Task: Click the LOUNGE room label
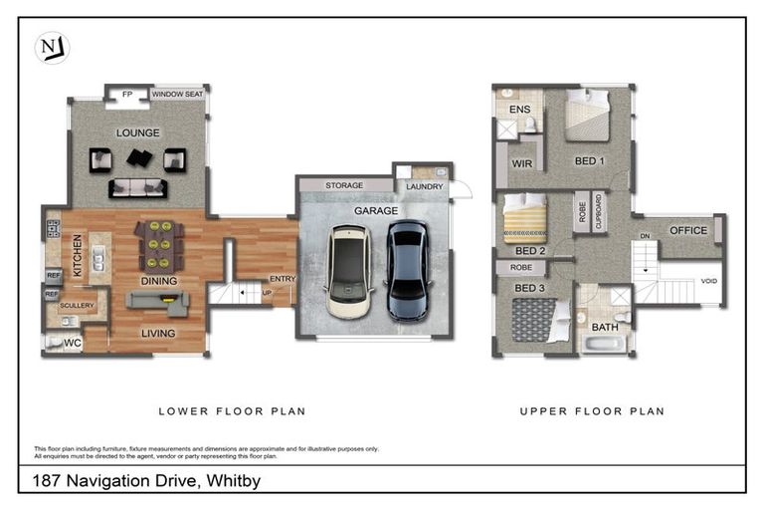tap(137, 132)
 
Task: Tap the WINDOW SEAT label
tap(178, 96)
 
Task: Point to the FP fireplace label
tap(126, 96)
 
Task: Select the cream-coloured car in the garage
tap(347, 270)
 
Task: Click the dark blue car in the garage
tap(406, 270)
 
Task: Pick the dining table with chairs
tap(158, 245)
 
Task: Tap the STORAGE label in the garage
tap(344, 185)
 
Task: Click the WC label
tap(74, 344)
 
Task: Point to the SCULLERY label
tap(76, 306)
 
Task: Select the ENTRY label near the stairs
tap(283, 280)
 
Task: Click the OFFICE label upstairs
tap(687, 230)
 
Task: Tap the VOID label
tap(708, 281)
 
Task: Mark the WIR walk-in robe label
tap(521, 163)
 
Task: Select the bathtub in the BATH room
tap(605, 345)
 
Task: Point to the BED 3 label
tap(529, 288)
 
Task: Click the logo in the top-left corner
tap(51, 48)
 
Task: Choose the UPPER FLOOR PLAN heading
tap(591, 410)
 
